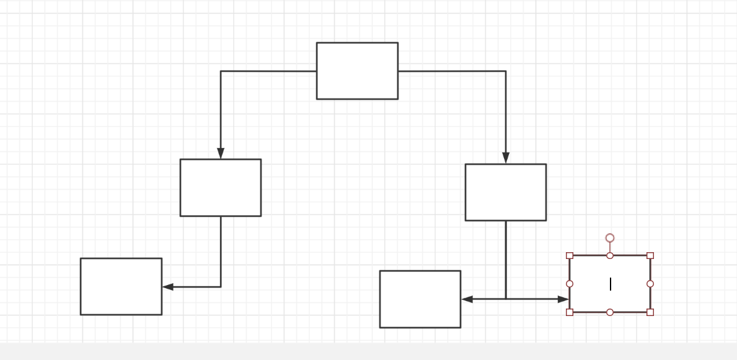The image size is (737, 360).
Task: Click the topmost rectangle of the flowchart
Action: click(357, 71)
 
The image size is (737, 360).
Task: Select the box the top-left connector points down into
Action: click(221, 188)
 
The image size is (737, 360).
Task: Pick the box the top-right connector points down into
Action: click(506, 192)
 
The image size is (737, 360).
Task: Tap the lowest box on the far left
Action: click(121, 286)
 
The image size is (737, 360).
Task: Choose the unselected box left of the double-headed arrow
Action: click(420, 299)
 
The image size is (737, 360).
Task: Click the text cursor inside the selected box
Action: click(611, 284)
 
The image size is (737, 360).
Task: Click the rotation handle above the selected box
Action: click(610, 238)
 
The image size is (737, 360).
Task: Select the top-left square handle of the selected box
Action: click(570, 255)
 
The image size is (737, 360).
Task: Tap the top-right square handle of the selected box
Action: click(650, 255)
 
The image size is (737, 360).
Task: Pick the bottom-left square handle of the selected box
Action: click(570, 312)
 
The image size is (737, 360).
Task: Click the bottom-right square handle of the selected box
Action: click(650, 312)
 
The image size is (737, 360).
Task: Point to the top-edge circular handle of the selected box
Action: click(610, 255)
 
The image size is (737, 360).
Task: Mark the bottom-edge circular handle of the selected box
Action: click(610, 312)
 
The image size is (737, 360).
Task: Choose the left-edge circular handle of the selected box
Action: click(570, 284)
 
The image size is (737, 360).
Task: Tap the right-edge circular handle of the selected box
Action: click(650, 284)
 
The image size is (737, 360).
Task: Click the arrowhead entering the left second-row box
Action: click(221, 154)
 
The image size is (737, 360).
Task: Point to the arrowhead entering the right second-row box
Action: click(506, 158)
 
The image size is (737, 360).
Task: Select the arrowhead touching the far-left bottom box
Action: click(167, 287)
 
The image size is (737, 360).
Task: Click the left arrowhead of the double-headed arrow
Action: click(467, 299)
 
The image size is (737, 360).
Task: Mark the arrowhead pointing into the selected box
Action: click(563, 299)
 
